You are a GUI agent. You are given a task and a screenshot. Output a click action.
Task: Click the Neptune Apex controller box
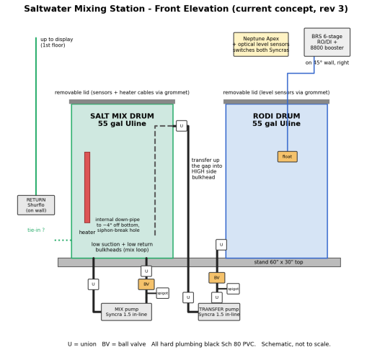point(261,45)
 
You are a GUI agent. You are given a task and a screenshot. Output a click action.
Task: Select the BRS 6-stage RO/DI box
point(327,42)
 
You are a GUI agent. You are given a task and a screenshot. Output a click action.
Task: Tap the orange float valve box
point(288,157)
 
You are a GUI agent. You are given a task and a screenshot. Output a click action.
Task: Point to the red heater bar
point(87,187)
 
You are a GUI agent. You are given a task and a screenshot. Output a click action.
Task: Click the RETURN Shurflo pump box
point(36,205)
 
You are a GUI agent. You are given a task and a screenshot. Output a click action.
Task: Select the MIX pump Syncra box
point(126,312)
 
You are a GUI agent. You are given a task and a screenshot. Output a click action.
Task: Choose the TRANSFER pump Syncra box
point(219,312)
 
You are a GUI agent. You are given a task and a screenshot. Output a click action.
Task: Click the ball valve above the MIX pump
point(146,284)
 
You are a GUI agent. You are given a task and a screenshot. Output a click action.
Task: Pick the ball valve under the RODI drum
point(217,278)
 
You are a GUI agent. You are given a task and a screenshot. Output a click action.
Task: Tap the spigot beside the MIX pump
point(163,293)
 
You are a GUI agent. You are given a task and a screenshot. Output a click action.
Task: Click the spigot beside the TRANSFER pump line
point(233,289)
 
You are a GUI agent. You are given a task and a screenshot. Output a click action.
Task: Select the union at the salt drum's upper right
point(182,126)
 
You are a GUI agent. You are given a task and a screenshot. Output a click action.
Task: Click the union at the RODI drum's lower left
point(221,245)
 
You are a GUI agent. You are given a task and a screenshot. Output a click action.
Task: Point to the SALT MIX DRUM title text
point(122,120)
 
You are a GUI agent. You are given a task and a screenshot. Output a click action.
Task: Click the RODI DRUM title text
point(276,120)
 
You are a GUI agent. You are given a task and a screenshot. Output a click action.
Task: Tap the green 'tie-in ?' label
point(36,230)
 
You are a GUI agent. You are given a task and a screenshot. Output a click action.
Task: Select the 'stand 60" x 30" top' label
point(278,262)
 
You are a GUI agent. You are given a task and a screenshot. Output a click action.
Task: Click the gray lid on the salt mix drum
point(122,102)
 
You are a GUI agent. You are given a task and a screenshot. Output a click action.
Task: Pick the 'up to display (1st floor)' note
point(57,42)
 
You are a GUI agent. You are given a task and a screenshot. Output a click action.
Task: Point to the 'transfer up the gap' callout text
point(207,168)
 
